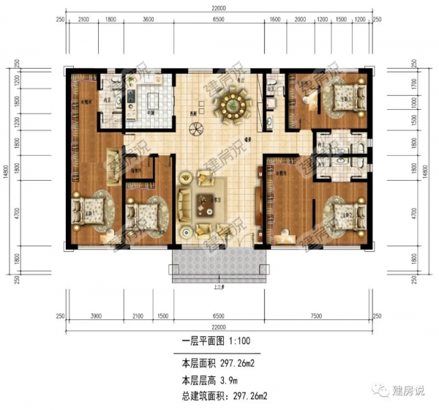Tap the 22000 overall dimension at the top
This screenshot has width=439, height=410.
click(x=219, y=7)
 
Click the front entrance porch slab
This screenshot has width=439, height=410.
click(x=218, y=264)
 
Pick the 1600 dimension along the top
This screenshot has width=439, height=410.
click(x=274, y=21)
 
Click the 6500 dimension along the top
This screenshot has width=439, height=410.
click(x=218, y=21)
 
